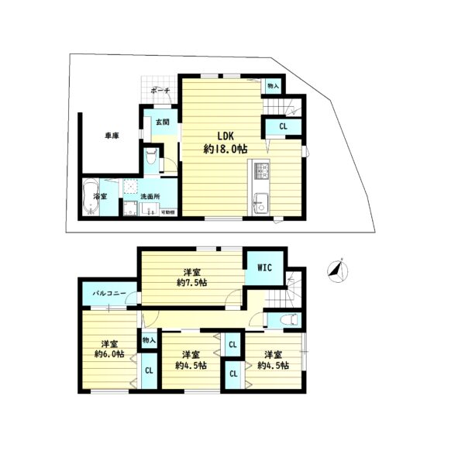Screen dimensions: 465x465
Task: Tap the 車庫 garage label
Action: (112, 136)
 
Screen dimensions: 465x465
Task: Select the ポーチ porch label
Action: (160, 91)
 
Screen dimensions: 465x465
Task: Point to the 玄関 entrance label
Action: (161, 122)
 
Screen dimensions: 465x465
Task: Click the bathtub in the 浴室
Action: (91, 191)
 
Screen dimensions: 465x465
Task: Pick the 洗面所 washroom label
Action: (150, 197)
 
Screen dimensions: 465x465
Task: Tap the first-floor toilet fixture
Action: (151, 160)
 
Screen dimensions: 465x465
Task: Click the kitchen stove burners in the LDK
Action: (260, 170)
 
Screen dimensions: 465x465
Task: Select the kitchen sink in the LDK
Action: (259, 204)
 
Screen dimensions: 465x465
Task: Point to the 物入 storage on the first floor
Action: (273, 87)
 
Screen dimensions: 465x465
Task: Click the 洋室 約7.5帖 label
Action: (191, 277)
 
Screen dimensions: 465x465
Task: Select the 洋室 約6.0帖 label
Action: (108, 350)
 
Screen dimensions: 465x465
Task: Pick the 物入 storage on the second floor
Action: (149, 339)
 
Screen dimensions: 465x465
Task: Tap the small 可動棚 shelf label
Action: (167, 212)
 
